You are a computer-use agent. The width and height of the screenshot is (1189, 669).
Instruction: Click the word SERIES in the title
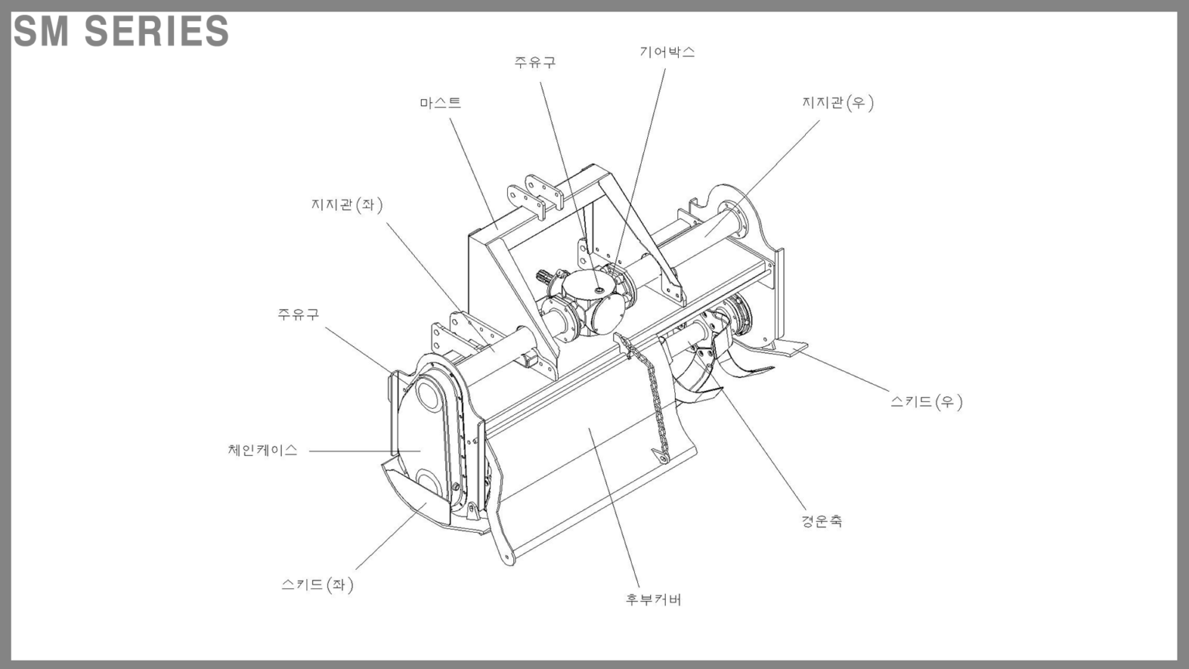pos(156,32)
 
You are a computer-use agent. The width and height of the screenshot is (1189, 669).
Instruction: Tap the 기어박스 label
pos(666,53)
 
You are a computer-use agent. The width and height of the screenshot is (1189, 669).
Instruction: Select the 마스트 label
pos(440,103)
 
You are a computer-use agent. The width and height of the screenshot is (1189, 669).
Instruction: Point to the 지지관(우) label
pos(838,103)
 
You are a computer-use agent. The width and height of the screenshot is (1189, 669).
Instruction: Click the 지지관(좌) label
pos(347,205)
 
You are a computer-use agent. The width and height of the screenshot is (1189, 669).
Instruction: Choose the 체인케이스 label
pos(262,451)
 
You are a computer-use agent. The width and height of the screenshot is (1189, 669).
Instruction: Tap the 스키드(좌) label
pos(317,585)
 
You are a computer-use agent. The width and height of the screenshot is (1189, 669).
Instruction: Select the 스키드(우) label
pos(926,402)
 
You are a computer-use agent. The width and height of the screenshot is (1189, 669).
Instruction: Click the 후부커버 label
pos(653,599)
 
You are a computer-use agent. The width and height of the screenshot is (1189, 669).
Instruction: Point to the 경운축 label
pos(821,521)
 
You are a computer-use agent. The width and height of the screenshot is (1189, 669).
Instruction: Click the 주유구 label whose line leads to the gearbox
pos(535,63)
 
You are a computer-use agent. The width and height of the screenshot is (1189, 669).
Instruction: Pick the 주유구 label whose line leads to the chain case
pos(298,314)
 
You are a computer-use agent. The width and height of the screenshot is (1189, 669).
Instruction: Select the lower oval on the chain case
pos(428,483)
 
